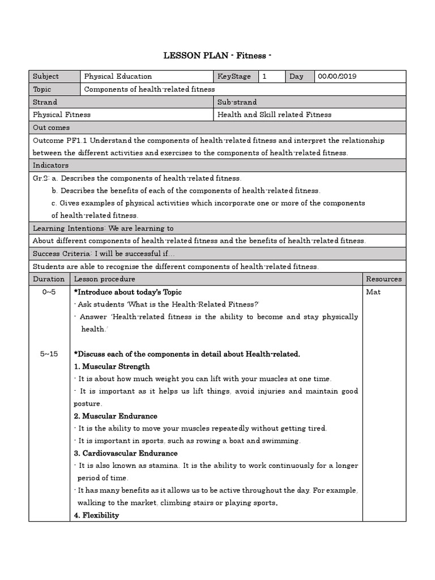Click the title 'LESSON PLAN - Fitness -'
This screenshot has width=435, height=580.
(217, 55)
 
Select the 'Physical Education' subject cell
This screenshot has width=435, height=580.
(118, 76)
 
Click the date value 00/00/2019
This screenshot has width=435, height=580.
(337, 76)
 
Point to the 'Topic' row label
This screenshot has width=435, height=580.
(42, 89)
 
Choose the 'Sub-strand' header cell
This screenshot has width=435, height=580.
(237, 102)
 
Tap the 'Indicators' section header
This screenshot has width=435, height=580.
(51, 165)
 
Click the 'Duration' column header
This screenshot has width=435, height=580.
(49, 279)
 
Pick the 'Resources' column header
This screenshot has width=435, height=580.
(383, 279)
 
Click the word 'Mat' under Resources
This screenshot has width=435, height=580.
(373, 292)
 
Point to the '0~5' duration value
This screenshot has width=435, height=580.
(49, 292)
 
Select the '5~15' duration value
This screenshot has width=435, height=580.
(49, 354)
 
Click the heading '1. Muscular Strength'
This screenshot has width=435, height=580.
(112, 366)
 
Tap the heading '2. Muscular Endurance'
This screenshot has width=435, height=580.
(116, 416)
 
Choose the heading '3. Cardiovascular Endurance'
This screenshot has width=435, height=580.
(126, 453)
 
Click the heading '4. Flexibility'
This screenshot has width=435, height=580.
(96, 515)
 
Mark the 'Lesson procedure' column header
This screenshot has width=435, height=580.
(105, 279)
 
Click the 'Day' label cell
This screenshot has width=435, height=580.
(296, 76)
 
